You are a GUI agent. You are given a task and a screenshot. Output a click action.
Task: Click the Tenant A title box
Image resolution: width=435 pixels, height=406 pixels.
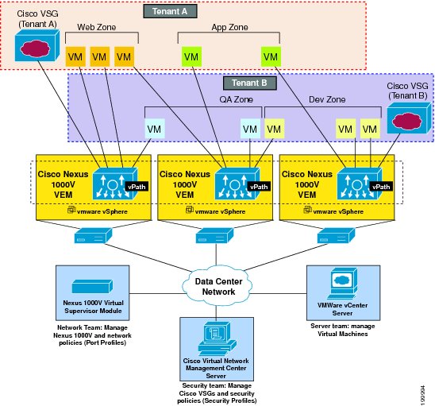pos(170,11)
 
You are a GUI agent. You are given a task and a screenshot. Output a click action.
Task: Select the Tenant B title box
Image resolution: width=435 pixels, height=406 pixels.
pos(250,83)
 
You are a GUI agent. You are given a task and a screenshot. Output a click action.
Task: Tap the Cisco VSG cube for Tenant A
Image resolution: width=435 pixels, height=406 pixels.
pos(37,45)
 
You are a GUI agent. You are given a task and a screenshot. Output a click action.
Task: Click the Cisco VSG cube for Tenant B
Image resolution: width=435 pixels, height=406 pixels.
pos(409,118)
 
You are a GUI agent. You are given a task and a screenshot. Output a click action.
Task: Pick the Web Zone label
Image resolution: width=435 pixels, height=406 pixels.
pos(97,27)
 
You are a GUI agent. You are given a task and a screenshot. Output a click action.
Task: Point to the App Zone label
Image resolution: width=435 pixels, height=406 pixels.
pos(229,27)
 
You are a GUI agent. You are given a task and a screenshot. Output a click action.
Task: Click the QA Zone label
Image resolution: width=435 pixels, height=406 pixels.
pos(236,99)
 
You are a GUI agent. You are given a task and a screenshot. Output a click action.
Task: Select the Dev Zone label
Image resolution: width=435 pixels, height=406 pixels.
pos(327,99)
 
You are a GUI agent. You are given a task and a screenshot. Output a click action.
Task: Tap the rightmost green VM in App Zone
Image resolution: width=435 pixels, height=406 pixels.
pos(271,56)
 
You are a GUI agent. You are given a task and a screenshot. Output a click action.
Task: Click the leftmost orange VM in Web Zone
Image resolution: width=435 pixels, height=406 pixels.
pos(75,56)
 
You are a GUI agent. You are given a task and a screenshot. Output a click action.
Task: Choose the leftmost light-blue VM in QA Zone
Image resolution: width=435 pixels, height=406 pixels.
pos(155,129)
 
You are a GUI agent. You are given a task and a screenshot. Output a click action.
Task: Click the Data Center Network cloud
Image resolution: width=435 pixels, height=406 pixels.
pos(218,286)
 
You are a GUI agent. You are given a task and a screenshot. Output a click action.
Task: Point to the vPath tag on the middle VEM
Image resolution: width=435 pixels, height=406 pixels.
pos(259,187)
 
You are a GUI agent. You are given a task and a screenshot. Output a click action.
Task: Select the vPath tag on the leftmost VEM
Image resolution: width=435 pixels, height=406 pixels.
pos(137,187)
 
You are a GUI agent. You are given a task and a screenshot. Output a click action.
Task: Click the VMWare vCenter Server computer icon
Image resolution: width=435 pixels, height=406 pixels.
pos(342,283)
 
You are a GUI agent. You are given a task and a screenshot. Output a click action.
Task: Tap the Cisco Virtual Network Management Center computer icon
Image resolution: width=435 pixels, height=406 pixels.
pos(217,338)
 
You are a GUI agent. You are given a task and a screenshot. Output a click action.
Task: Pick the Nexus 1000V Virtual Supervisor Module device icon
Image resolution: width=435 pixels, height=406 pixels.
pos(92,286)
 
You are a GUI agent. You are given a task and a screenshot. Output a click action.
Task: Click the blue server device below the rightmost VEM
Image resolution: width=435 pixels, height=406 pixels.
pos(336,235)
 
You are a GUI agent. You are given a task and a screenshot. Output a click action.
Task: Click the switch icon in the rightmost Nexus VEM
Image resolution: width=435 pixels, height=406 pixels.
pos(360,184)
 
